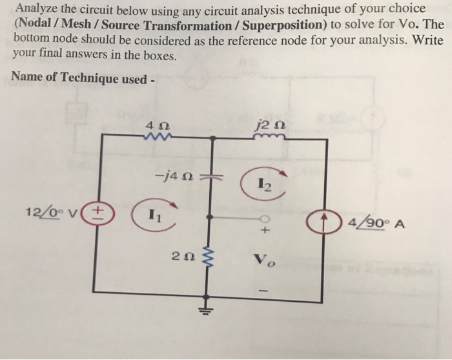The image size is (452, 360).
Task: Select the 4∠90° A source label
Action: pyautogui.click(x=375, y=225)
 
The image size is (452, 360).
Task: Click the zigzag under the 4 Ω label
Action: pyautogui.click(x=158, y=135)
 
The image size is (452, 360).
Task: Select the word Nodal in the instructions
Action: pyautogui.click(x=35, y=25)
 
